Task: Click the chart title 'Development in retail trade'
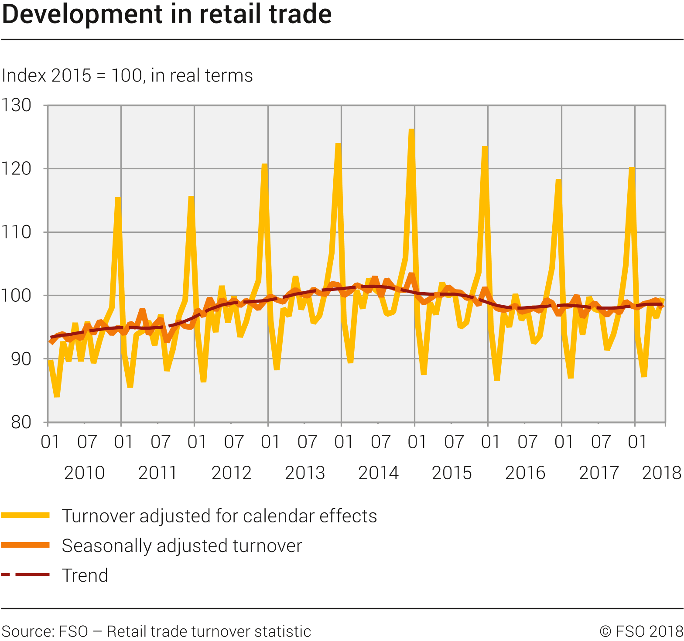click(x=167, y=14)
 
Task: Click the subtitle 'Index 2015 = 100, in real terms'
click(x=127, y=75)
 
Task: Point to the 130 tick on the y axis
click(x=16, y=105)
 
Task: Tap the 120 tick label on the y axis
click(x=16, y=168)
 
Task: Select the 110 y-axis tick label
click(x=16, y=232)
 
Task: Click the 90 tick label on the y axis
click(x=21, y=359)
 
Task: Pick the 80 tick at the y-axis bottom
click(x=21, y=422)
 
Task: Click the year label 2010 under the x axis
click(x=84, y=473)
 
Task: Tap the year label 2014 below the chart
click(x=378, y=473)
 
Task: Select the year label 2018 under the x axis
click(x=661, y=473)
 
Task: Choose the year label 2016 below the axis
click(x=525, y=473)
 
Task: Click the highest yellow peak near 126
click(x=411, y=130)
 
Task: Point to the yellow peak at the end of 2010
click(x=118, y=198)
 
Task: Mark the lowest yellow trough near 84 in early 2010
click(x=57, y=396)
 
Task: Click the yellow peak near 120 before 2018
click(x=632, y=168)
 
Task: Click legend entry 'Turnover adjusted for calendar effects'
click(x=219, y=516)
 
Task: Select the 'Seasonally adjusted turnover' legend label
click(x=181, y=546)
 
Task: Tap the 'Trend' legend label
click(x=85, y=575)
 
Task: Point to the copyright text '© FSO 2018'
click(x=641, y=631)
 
